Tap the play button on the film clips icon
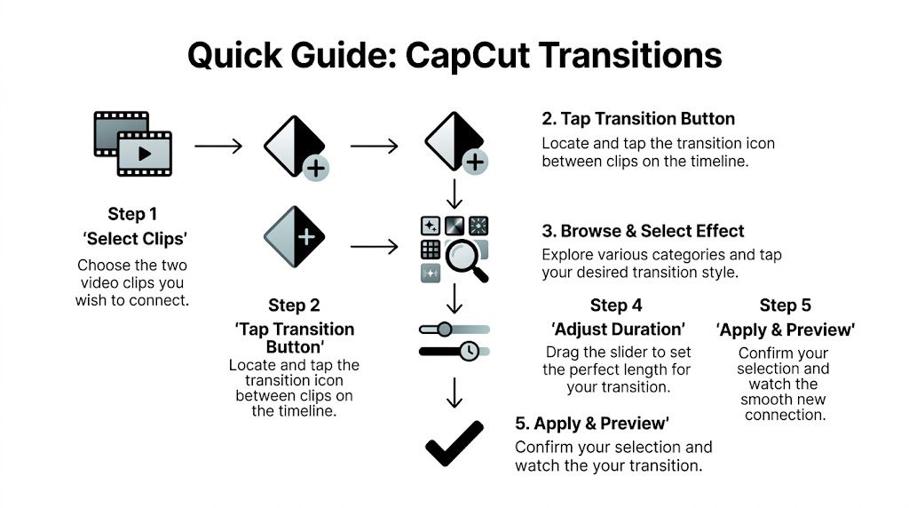[144, 154]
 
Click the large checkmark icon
[454, 443]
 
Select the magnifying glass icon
[465, 259]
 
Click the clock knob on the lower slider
[470, 351]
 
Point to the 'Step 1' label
[132, 214]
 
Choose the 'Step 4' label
[616, 306]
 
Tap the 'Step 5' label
[785, 306]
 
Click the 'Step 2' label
[294, 306]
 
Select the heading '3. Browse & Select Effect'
[643, 231]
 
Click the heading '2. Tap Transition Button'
[638, 119]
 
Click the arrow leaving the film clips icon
[218, 146]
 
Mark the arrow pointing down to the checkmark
[454, 393]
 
